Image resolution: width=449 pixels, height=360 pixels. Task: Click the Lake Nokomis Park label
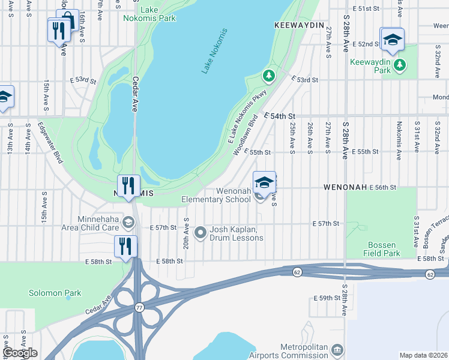[x=157, y=14]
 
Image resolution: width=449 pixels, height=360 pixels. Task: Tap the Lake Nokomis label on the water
[x=215, y=51]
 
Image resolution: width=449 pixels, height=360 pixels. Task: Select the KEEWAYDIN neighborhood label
[x=299, y=26]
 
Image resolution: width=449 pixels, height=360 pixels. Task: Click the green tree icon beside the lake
[x=269, y=76]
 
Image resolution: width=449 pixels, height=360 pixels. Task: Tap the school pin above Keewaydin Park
[x=393, y=40]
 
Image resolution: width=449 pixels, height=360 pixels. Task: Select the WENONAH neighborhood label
[x=345, y=188]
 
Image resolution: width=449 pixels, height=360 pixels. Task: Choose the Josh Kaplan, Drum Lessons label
[x=236, y=234]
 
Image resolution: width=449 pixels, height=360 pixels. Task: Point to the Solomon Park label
[x=55, y=293]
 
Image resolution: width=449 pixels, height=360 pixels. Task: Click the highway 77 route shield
[x=140, y=308]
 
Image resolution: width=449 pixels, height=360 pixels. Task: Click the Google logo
[x=20, y=353]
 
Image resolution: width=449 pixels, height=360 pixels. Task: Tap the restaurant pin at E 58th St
[x=126, y=247]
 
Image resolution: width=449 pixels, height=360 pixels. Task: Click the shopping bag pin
[x=68, y=19]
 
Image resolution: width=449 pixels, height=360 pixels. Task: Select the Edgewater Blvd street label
[x=50, y=143]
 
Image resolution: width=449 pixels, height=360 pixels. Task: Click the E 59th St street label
[x=327, y=298]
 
